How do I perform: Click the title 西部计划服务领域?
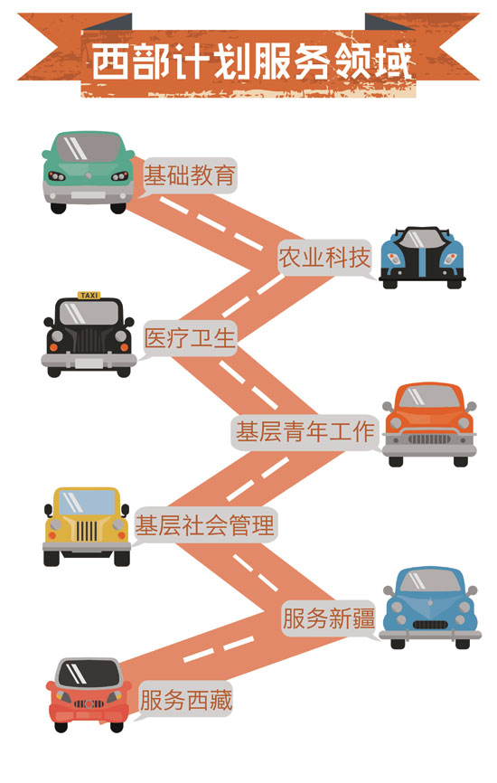tap(252, 61)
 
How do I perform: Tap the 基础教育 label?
tap(189, 175)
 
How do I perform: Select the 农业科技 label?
tap(324, 258)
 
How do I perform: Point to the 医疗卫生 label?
tap(189, 338)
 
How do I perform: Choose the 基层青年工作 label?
tap(305, 431)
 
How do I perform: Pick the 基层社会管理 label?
tap(205, 524)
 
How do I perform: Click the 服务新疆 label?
tap(328, 618)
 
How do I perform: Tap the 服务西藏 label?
tap(185, 700)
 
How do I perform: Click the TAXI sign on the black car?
tap(89, 295)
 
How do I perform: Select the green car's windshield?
tap(89, 147)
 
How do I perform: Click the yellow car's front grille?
tap(87, 531)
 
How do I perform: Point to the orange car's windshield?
tap(429, 397)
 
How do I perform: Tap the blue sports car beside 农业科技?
tap(422, 257)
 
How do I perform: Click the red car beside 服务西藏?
tap(89, 694)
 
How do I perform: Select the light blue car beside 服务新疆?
tap(429, 608)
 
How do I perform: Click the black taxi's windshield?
tap(89, 313)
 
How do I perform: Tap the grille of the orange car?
tap(429, 439)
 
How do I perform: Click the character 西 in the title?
tap(109, 61)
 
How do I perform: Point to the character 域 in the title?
tap(394, 61)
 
